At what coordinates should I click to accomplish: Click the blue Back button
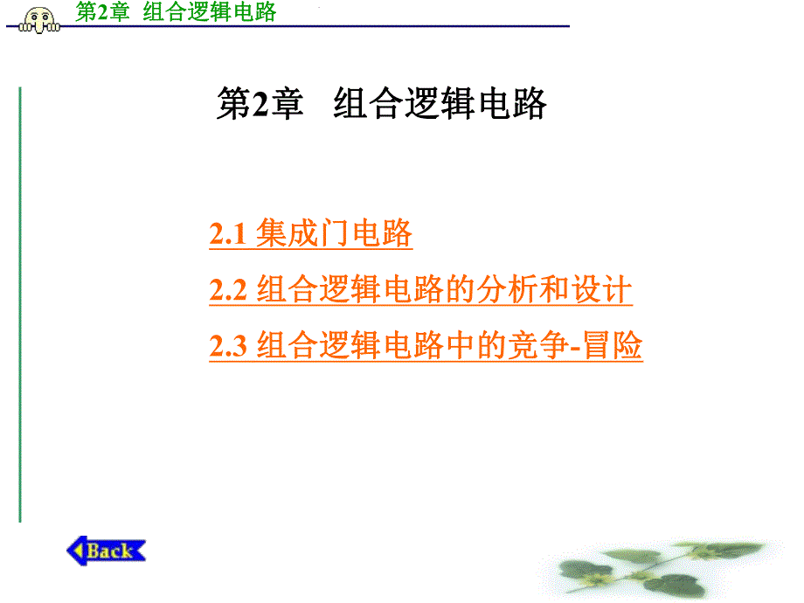tap(107, 550)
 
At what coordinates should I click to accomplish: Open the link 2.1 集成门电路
tap(310, 234)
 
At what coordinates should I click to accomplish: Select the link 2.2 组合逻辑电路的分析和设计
tap(420, 290)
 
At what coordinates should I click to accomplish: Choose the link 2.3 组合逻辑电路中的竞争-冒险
tap(426, 346)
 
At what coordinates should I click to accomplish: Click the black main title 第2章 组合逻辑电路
tap(381, 104)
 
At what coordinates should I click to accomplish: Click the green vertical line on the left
tap(19, 306)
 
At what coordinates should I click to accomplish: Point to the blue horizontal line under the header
tap(350, 26)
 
